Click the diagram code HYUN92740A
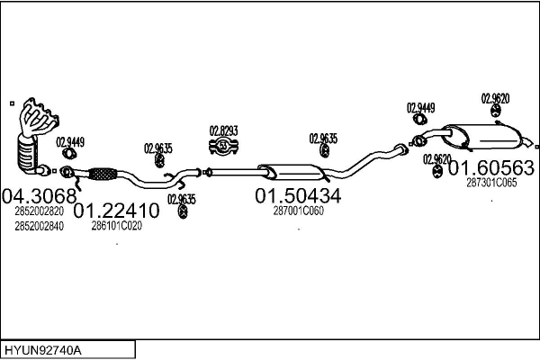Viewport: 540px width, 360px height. [43, 350]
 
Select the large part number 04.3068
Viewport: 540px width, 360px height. [40, 196]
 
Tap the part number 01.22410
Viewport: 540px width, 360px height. [116, 211]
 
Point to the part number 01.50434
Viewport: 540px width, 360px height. [298, 195]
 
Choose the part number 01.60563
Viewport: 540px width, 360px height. [491, 168]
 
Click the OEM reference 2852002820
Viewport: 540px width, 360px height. [40, 211]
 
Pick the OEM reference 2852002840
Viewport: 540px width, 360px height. [40, 226]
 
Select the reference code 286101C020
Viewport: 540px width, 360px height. [117, 226]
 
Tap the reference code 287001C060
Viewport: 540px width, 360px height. [299, 211]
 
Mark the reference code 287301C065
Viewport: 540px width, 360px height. [491, 183]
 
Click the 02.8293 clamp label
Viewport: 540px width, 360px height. [224, 130]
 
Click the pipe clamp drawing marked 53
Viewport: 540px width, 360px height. [224, 147]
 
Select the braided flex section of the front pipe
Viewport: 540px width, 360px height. [103, 174]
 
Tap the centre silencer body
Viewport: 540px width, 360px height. [292, 172]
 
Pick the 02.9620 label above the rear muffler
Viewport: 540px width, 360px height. [495, 99]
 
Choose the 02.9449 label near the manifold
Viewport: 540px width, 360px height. [70, 142]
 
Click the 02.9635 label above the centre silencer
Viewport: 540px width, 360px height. [323, 139]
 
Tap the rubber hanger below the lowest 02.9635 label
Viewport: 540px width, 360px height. [184, 211]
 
